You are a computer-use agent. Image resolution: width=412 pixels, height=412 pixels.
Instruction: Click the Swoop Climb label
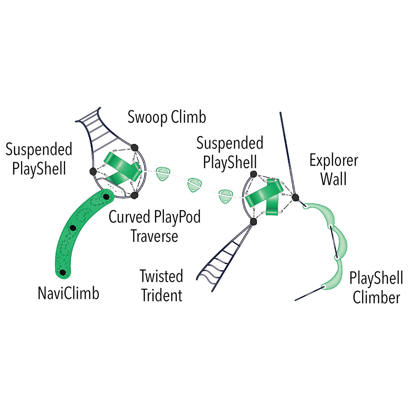coord(166,117)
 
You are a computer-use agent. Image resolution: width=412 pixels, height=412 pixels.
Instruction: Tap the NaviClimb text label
coord(68,294)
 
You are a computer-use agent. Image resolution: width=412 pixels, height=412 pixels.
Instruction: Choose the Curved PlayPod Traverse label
coord(154,226)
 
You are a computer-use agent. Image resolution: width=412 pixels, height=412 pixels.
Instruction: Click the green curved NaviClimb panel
coord(82,231)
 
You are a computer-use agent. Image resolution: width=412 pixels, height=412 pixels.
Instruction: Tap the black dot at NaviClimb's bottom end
coord(63,273)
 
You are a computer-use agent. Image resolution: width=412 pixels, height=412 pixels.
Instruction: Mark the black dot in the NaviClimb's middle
coord(73,227)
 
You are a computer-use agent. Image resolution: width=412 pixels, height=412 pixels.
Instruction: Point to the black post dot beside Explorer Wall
coord(295,197)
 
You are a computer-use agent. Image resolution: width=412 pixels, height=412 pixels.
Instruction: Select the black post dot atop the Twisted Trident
coord(253,222)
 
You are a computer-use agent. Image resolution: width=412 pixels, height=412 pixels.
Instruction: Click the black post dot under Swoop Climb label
coord(134,147)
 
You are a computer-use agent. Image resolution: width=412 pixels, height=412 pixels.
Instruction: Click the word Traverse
coord(154,236)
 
